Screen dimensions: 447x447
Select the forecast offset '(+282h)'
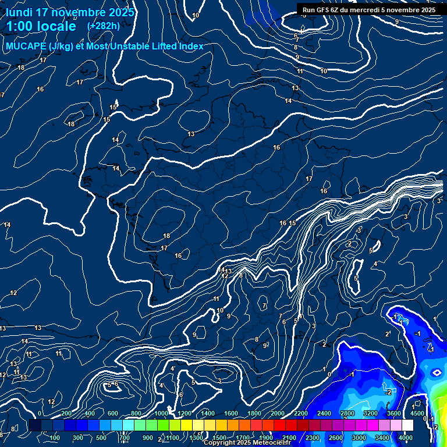coord(103,26)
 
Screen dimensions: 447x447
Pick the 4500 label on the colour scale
coord(417,413)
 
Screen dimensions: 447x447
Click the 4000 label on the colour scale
coord(406,437)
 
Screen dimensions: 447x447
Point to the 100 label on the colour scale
coord(55,437)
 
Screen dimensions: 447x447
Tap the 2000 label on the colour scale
coord(277,413)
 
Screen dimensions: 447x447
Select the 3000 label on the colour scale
coord(359,437)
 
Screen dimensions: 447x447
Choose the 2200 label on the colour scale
coord(300,413)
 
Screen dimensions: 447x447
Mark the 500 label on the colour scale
coord(101,437)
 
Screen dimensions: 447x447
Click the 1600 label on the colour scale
coord(230,413)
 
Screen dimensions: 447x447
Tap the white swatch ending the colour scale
coord(407,425)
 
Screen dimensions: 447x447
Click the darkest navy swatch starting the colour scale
coord(35,425)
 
